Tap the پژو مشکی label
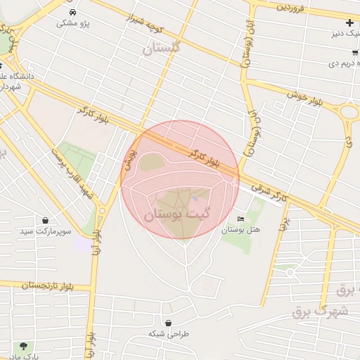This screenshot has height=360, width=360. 74,23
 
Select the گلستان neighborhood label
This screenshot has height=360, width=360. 161,48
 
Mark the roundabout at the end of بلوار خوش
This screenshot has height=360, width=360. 349,111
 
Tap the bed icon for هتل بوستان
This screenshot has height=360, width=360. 241,219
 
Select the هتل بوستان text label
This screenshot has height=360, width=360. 241,230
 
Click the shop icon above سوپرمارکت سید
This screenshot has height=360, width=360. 46,220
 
